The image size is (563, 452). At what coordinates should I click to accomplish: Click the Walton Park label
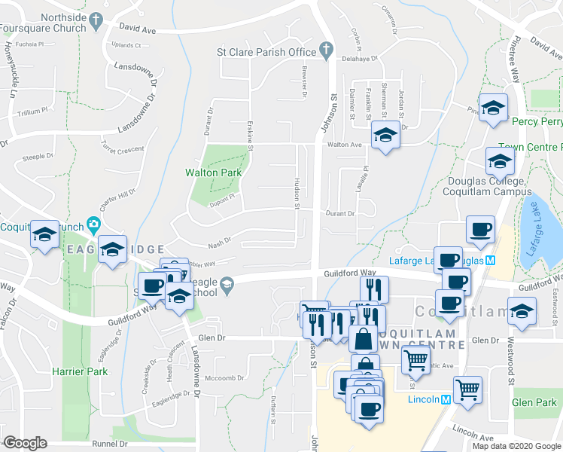coord(213,173)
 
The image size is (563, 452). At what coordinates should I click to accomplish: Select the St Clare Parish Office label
coord(266,52)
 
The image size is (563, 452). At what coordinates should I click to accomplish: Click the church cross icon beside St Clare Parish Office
coord(325,51)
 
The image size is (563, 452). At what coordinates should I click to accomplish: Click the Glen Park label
coord(534,403)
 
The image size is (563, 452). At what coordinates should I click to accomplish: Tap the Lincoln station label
coord(425,399)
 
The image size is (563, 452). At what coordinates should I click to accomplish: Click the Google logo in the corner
coord(24,443)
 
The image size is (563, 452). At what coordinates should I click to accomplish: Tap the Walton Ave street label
coord(345,144)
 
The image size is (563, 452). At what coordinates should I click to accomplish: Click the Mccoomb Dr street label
coord(222,377)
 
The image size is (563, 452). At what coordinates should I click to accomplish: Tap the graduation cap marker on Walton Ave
coord(385,134)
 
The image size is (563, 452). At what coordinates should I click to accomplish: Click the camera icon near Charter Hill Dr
coord(93,223)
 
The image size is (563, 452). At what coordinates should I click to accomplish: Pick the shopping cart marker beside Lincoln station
coord(467,389)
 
